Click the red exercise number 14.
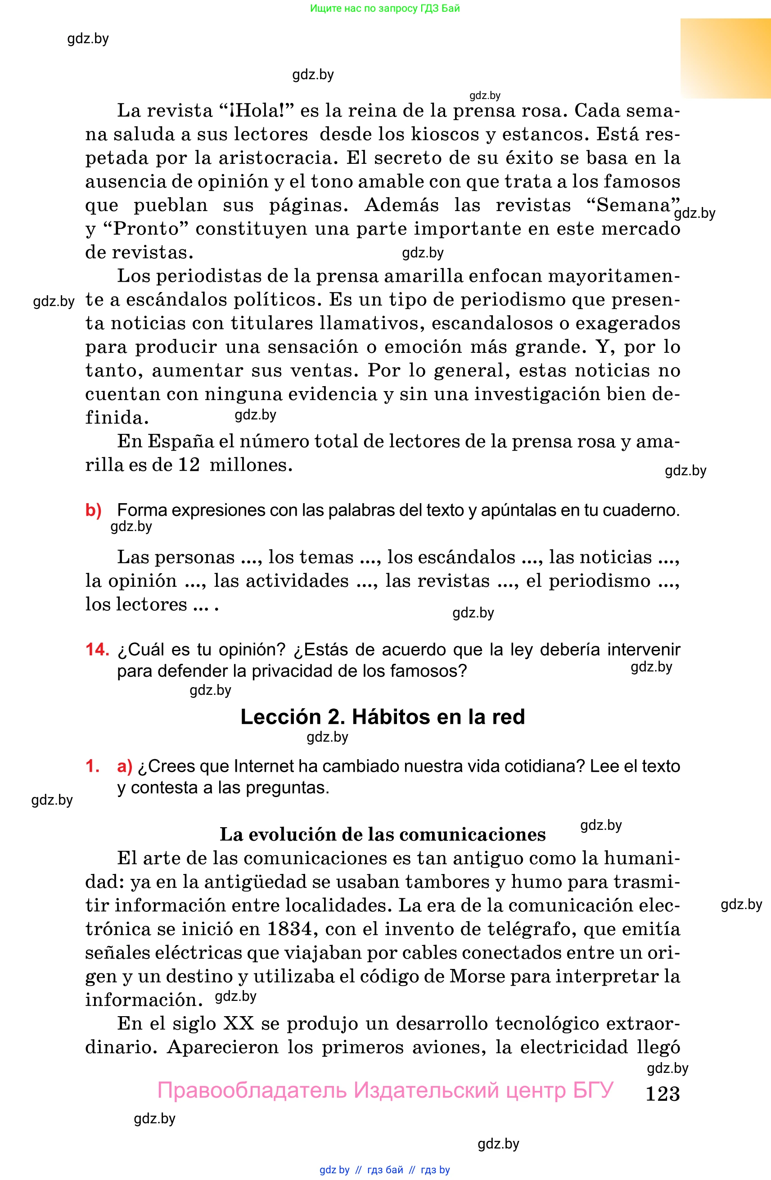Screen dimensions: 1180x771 point(97,649)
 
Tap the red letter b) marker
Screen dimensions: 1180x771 point(93,510)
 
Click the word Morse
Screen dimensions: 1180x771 point(477,976)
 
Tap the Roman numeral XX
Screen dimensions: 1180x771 point(239,1023)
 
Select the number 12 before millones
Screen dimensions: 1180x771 point(189,464)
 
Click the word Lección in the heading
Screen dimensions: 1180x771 point(281,717)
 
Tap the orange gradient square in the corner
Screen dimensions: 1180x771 point(725,58)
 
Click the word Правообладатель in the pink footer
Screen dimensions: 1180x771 point(252,1091)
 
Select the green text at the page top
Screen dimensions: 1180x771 point(385,8)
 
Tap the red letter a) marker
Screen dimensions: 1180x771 point(125,766)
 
